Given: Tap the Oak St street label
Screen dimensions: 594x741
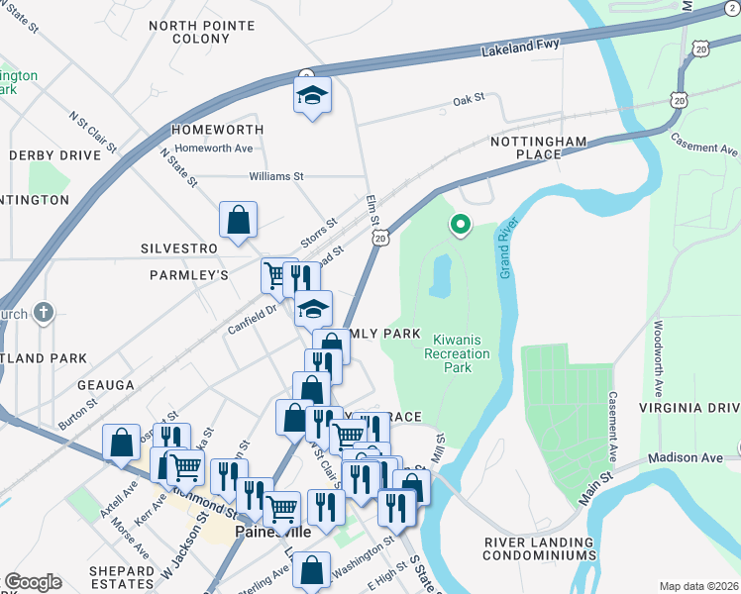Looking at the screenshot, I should coord(468,99).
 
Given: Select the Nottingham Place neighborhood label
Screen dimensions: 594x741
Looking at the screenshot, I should coord(539,148).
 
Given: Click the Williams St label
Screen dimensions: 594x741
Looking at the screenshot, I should coord(275,176).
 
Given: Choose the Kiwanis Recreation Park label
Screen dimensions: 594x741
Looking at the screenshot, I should coord(457,353).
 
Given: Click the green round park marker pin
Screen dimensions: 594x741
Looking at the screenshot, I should coord(460,226).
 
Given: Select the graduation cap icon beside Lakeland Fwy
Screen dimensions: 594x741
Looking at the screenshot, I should coord(312,96).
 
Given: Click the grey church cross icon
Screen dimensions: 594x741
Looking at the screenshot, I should coord(43,313).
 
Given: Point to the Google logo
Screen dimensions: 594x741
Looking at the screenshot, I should coord(33,582).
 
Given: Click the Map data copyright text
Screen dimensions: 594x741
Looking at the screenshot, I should coord(698,586).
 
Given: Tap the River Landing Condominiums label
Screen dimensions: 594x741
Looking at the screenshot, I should coord(541,549).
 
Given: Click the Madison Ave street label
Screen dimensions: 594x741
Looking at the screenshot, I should coord(680,458).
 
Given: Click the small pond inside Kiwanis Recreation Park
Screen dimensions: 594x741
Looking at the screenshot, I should coord(440,276).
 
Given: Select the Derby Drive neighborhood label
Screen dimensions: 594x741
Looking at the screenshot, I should coord(54,155).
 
